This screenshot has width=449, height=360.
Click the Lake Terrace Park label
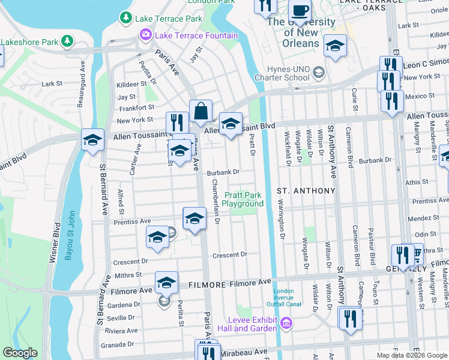[169, 19]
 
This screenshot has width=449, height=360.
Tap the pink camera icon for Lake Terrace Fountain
[145, 35]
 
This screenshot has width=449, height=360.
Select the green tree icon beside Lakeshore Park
[68, 41]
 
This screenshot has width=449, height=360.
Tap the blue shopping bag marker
[200, 112]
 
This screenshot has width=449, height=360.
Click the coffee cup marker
[300, 11]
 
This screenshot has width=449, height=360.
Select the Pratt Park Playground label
[243, 199]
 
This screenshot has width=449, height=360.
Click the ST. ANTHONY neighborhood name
[306, 191]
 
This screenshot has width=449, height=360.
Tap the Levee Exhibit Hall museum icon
[287, 325]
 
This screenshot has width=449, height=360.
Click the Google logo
[20, 353]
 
